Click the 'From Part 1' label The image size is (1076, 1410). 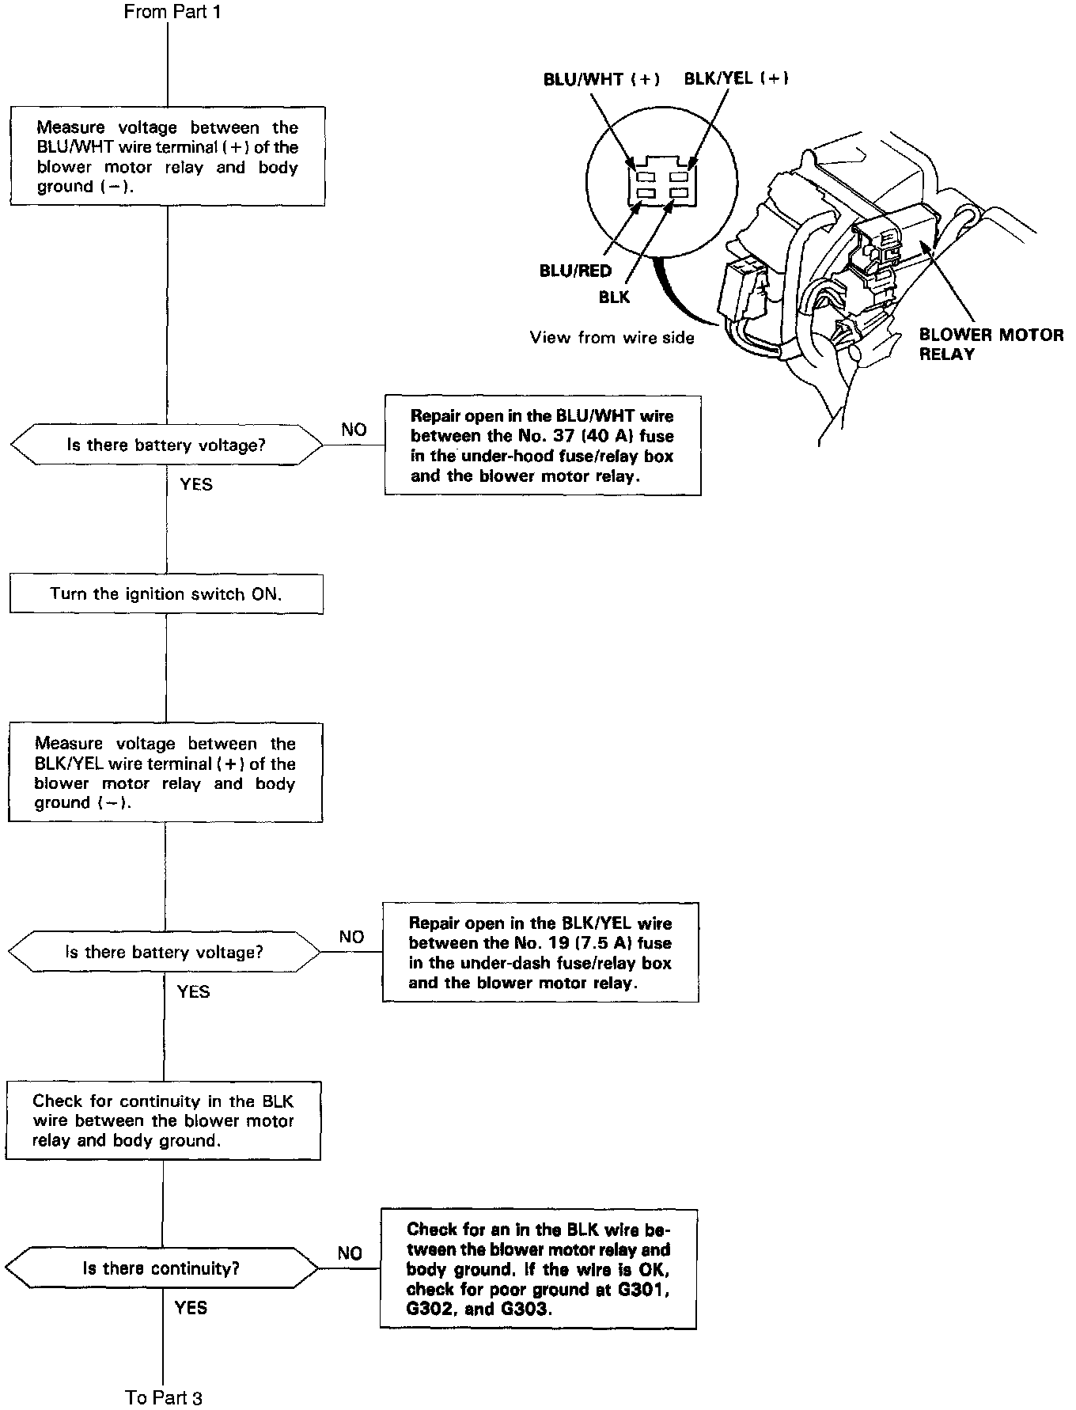pos(168,12)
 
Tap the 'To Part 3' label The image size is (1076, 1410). pos(164,1397)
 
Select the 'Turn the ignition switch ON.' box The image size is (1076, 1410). pos(166,593)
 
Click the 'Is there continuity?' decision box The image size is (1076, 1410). pos(161,1268)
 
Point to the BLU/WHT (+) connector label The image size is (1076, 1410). pos(601,79)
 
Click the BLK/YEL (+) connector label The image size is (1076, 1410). pos(736,78)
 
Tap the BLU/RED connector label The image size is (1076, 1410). pos(575,271)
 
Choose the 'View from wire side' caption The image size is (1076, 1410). pos(612,338)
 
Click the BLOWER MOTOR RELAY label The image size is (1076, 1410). pos(991,344)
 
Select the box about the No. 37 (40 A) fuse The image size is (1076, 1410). pos(543,445)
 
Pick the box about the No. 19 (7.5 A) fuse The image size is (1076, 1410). pos(540,953)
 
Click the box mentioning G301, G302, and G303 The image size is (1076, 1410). pos(539,1268)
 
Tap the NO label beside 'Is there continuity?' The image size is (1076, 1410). pos(350,1253)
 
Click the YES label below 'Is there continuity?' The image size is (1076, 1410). pos(191,1308)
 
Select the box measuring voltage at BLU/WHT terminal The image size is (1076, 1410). pos(167,157)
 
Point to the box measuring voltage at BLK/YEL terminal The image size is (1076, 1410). pos(165,773)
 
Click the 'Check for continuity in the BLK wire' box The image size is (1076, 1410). pos(163,1120)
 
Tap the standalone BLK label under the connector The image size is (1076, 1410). pos(615,297)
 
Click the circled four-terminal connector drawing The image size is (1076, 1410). pos(662,184)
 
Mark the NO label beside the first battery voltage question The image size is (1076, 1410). pos(354,430)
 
